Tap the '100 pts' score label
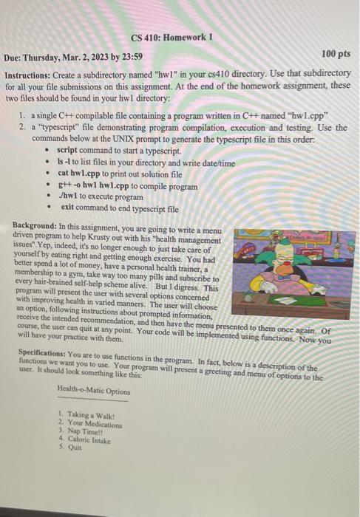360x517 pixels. (338, 54)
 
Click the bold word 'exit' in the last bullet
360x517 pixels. (69, 209)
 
